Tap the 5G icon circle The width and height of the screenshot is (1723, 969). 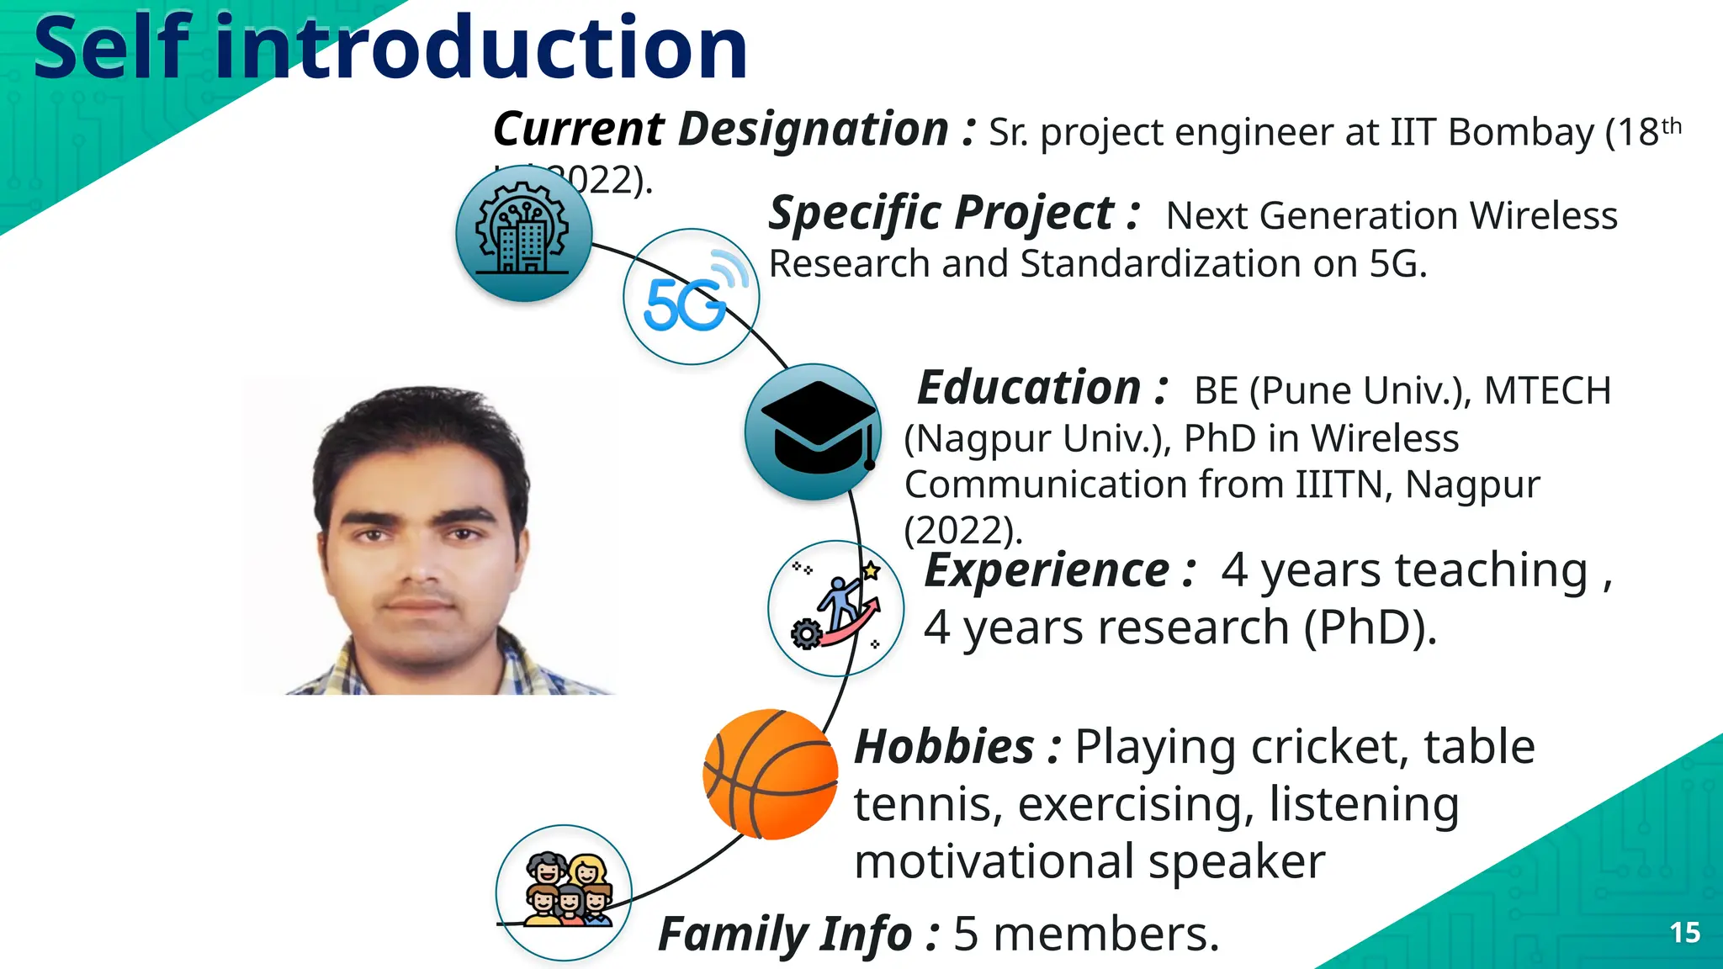(x=691, y=297)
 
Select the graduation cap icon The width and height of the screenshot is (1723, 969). (x=813, y=432)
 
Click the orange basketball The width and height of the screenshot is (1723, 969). (x=770, y=775)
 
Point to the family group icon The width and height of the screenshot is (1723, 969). (x=564, y=892)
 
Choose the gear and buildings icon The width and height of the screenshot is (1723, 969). (x=523, y=234)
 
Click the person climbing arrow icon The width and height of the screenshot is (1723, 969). (x=835, y=608)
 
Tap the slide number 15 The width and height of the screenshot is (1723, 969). (x=1684, y=933)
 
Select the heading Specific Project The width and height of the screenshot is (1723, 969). (x=954, y=214)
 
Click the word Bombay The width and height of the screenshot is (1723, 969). (x=1521, y=133)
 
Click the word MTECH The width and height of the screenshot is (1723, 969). (x=1546, y=391)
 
